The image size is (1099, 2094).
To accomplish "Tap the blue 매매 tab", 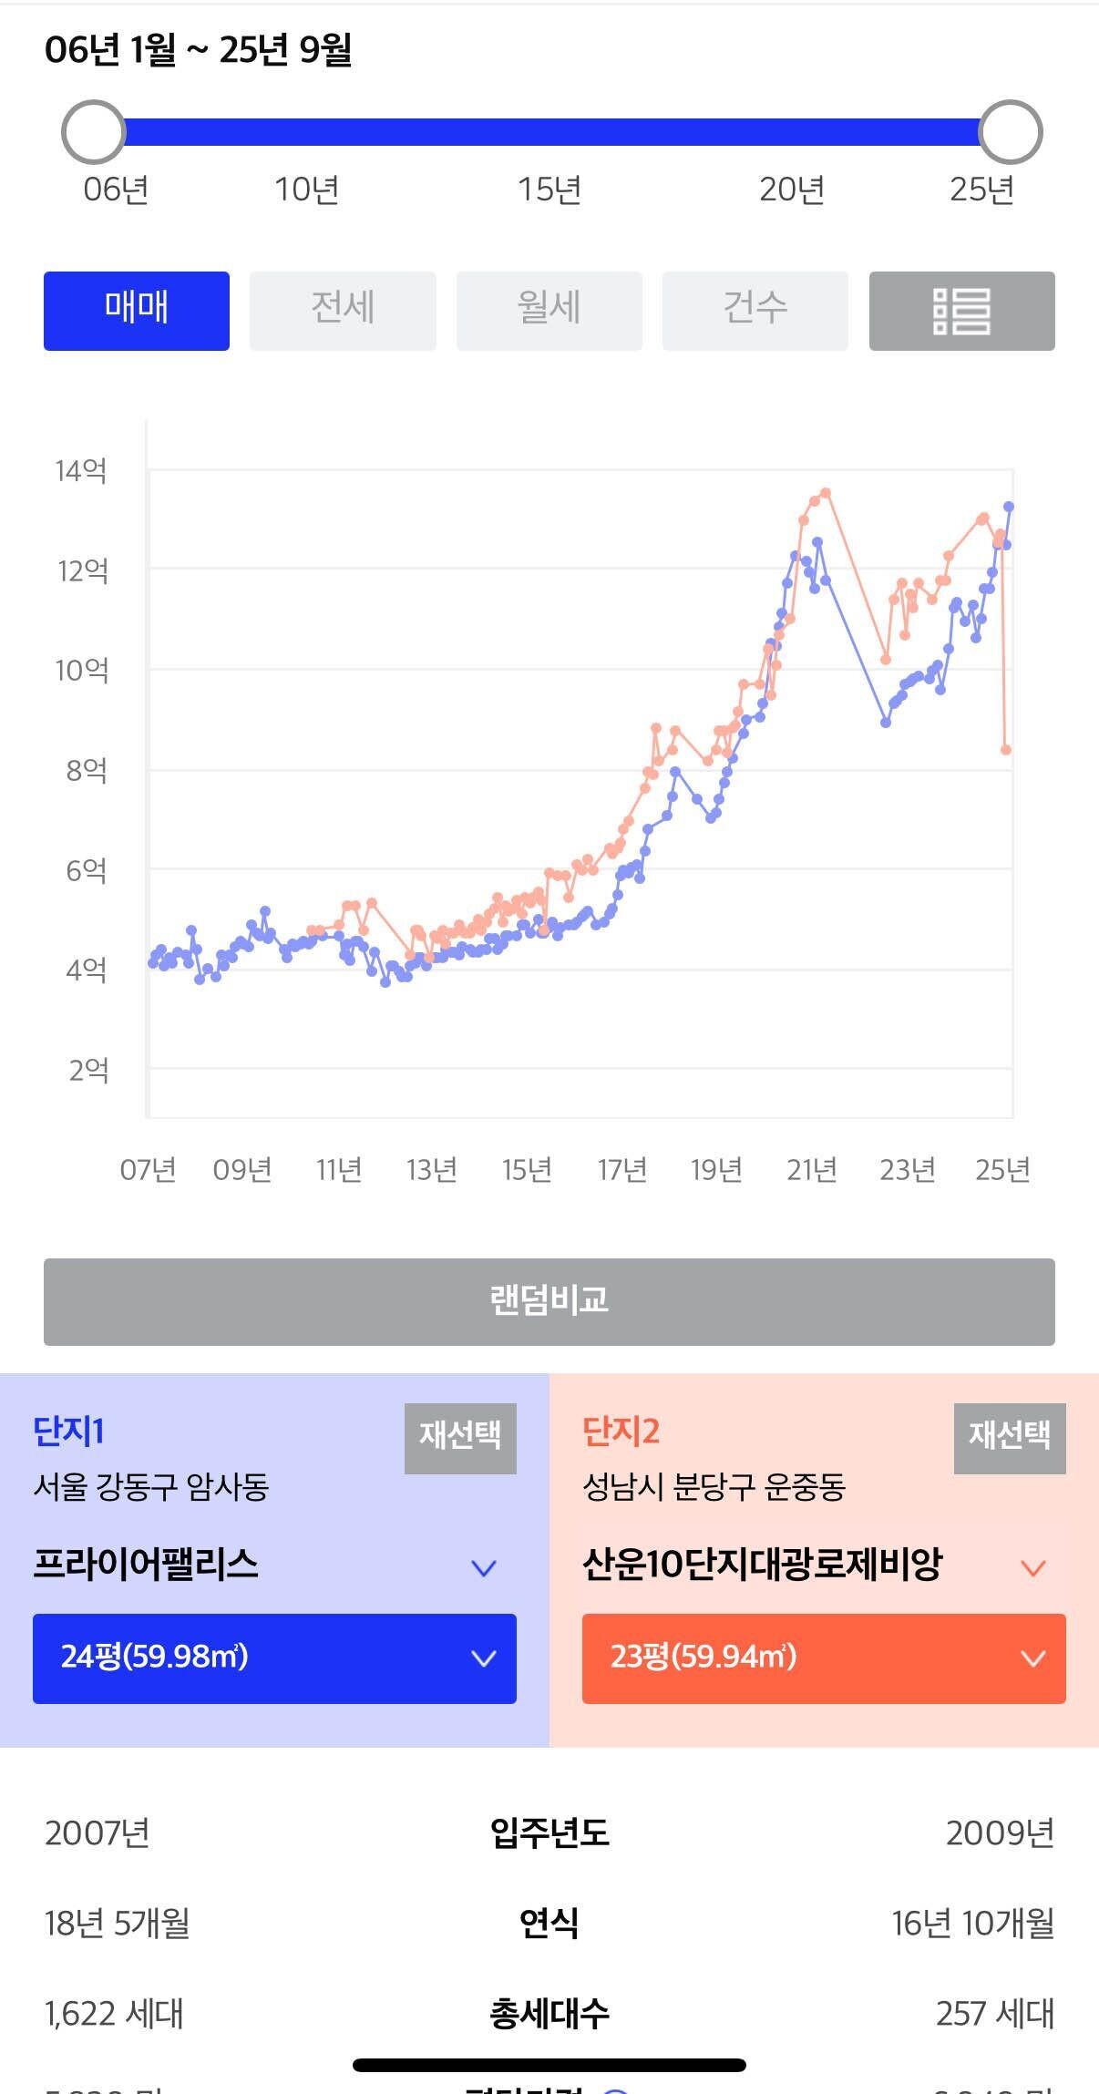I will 137,311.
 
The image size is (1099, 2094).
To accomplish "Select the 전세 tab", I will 343,311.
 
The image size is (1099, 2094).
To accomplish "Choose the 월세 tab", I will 549,311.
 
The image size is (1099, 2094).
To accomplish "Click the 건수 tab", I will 755,311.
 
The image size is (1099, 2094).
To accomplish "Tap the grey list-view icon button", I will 961,311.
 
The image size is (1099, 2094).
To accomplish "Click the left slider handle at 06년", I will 93,132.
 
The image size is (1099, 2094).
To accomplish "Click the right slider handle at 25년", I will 1010,132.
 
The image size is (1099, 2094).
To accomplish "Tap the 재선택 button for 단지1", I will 460,1438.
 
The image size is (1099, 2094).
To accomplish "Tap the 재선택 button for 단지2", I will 1010,1438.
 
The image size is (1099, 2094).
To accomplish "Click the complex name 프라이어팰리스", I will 146,1565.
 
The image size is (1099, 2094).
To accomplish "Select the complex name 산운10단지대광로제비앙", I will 762,1565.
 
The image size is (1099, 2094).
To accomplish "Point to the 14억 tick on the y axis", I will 81,471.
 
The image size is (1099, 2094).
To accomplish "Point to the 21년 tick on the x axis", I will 811,1169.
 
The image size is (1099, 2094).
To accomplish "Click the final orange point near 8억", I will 1006,750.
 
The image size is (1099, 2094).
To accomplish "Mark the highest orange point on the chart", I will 826,493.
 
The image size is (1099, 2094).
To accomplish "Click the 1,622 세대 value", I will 114,2013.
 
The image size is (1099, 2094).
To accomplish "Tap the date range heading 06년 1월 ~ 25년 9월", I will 198,49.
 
